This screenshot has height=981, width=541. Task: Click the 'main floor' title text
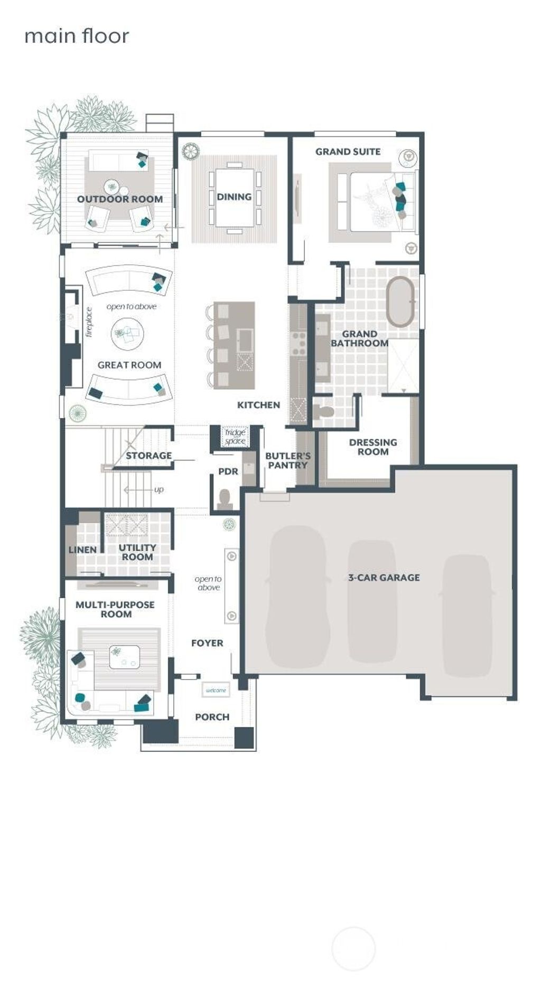[77, 36]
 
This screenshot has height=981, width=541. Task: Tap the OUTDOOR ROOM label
[120, 199]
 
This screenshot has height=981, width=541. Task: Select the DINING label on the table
[234, 196]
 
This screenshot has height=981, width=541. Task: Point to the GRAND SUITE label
[348, 152]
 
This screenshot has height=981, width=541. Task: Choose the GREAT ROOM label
[129, 365]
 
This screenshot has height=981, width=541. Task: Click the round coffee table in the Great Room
[128, 334]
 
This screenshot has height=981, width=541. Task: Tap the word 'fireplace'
[89, 322]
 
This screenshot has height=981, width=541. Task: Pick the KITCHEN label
[258, 405]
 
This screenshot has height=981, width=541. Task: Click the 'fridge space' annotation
[235, 437]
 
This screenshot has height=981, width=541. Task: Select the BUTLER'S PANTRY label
[288, 460]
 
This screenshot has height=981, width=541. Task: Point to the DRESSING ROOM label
[373, 447]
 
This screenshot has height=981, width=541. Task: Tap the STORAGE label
[148, 456]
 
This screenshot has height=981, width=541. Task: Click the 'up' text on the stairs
[158, 490]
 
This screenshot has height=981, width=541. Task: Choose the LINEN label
[82, 550]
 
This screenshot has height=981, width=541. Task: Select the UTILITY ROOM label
[137, 552]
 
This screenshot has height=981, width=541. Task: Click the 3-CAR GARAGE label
[384, 578]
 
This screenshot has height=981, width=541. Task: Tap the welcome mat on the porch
[216, 690]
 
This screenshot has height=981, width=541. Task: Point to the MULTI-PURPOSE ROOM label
[115, 609]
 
